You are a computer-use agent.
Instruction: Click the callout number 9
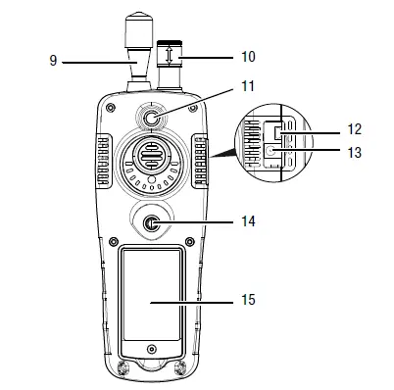[51, 61]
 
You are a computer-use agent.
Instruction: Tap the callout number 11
[247, 86]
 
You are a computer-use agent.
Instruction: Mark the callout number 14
[247, 222]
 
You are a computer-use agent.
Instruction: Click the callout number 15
[247, 300]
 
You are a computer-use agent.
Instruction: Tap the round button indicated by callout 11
[152, 120]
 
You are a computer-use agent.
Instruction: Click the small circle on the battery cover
[150, 349]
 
